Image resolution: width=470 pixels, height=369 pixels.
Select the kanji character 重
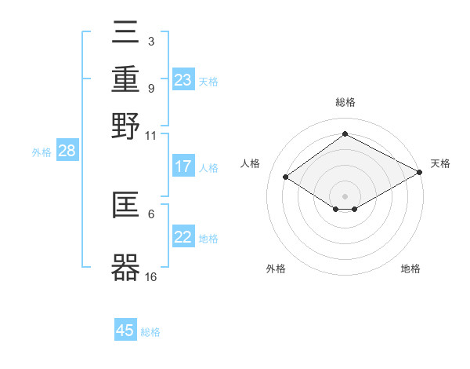(x=125, y=79)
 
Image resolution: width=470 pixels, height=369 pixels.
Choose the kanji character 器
(x=125, y=268)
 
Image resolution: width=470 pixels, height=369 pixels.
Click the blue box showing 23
(x=183, y=80)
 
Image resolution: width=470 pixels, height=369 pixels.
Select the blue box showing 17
(x=183, y=166)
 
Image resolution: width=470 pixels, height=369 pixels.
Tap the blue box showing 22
(x=183, y=238)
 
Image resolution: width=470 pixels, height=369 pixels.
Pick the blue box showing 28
(x=67, y=152)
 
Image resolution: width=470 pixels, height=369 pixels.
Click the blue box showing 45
(x=125, y=331)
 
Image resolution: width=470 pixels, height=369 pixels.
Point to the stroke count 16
(x=151, y=276)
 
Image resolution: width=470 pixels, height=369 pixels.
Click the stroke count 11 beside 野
(x=151, y=135)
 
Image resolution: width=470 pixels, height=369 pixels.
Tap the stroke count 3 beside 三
(x=150, y=41)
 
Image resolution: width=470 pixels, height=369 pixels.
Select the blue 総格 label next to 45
(x=150, y=332)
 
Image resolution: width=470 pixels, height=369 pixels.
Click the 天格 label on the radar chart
(x=440, y=163)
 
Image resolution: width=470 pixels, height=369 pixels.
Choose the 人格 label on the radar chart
(x=251, y=163)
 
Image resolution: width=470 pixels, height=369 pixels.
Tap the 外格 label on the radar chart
(x=276, y=269)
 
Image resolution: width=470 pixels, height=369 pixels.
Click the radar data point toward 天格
(x=419, y=173)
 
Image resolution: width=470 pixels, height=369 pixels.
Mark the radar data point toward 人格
(x=286, y=177)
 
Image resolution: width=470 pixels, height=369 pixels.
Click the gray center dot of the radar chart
(x=345, y=195)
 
